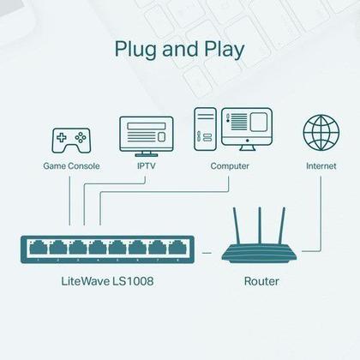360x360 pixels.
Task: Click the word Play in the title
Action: pyautogui.click(x=221, y=48)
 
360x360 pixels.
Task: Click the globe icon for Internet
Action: pyautogui.click(x=320, y=132)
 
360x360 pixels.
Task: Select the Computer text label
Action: pyautogui.click(x=230, y=165)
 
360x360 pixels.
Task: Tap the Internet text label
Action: pyautogui.click(x=320, y=165)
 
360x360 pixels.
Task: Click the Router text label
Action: pyautogui.click(x=261, y=280)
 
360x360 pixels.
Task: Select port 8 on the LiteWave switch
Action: pyautogui.click(x=177, y=249)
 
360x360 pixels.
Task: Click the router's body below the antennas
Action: pyautogui.click(x=261, y=252)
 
